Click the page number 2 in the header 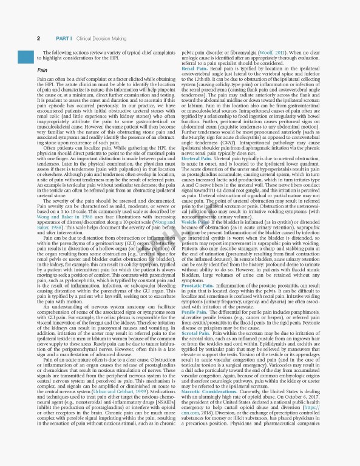[x=39, y=38]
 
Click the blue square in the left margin [x=25, y=57]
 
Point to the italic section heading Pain [x=42, y=70]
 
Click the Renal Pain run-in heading [x=195, y=69]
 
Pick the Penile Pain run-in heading [x=196, y=328]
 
